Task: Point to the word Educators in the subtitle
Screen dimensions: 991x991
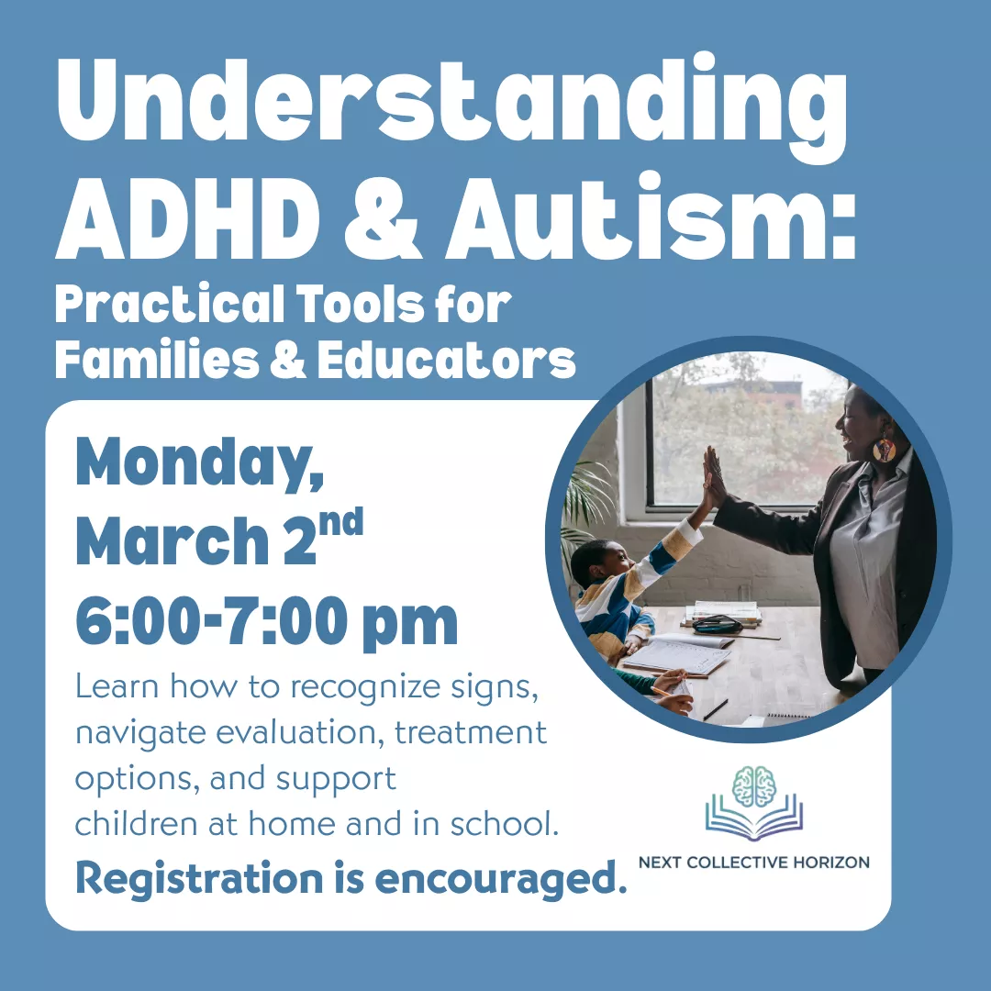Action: point(447,361)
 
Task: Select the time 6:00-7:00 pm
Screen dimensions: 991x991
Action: point(266,623)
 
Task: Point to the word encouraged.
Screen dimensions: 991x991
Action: point(495,878)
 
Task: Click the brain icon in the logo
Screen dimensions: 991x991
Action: point(754,785)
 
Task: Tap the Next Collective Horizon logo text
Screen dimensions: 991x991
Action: point(754,863)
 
